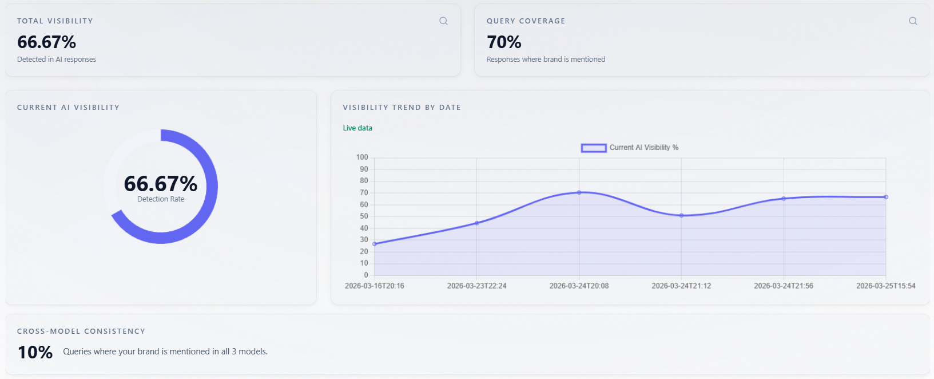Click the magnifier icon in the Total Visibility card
tap(443, 21)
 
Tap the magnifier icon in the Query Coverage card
tap(913, 21)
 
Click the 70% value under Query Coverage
tap(504, 42)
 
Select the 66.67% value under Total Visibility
tap(46, 42)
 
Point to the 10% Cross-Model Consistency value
tap(35, 352)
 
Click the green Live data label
tap(357, 128)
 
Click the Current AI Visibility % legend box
tap(593, 148)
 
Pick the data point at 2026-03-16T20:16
tap(375, 244)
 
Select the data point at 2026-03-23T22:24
tap(477, 223)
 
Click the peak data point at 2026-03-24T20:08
tap(579, 192)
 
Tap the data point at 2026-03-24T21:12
tap(681, 215)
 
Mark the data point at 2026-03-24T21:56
tap(784, 199)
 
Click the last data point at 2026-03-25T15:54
tap(886, 197)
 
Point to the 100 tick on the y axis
tap(362, 157)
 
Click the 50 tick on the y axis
tap(364, 216)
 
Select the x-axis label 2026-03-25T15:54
tap(885, 286)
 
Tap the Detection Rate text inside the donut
tap(161, 199)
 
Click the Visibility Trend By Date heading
tap(402, 108)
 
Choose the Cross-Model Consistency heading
tap(81, 331)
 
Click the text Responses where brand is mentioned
tap(546, 60)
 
